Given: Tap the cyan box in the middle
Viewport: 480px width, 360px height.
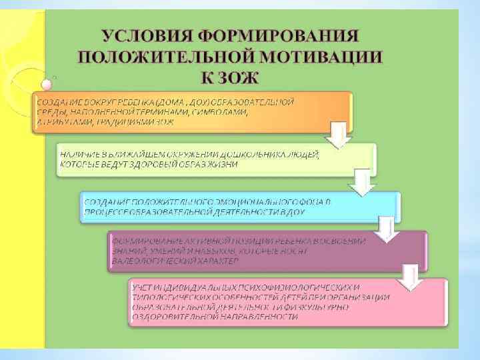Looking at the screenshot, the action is coord(240,207).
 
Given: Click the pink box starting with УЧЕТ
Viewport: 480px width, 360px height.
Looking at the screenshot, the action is coord(287,302).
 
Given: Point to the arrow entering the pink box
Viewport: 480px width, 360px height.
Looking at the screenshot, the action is coord(410,273).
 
